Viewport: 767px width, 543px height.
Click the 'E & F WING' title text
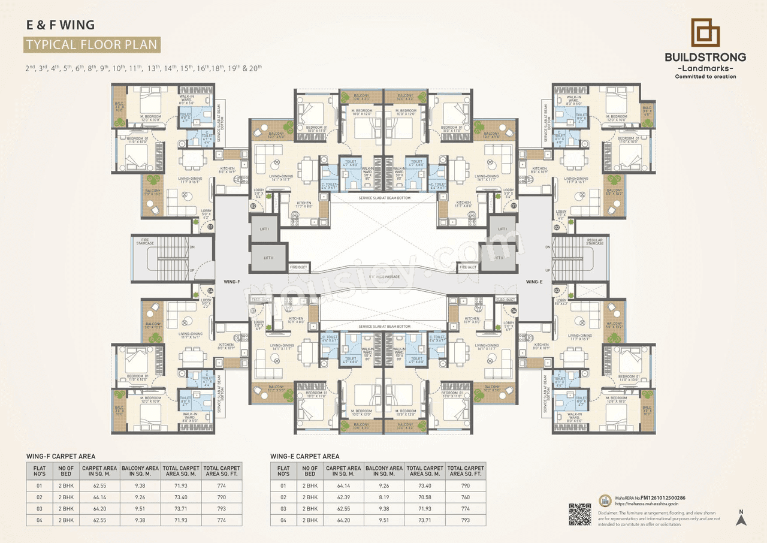point(60,25)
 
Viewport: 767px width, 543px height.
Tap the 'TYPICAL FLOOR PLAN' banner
point(92,44)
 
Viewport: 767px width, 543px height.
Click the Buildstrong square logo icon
point(705,32)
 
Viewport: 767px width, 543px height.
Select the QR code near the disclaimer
point(579,514)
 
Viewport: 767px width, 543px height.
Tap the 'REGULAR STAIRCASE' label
point(594,242)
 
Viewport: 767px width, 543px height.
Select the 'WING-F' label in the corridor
point(232,282)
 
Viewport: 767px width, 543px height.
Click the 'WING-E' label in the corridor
point(534,282)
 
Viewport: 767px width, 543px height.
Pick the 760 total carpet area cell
point(465,497)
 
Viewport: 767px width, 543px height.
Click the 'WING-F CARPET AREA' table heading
point(61,456)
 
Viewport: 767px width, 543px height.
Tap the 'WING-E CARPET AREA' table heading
point(304,456)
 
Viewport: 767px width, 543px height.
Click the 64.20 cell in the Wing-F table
point(100,508)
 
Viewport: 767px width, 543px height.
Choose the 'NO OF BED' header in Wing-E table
point(310,471)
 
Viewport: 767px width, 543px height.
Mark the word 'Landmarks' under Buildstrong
point(705,68)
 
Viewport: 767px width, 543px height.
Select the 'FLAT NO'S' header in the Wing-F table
point(40,471)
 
